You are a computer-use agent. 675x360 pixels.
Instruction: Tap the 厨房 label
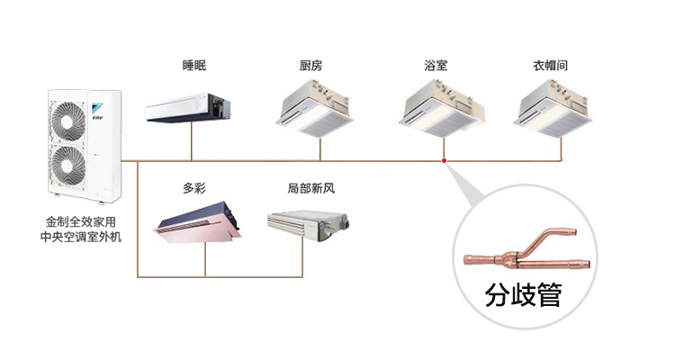[311, 66]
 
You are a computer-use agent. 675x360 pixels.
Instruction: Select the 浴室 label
[436, 66]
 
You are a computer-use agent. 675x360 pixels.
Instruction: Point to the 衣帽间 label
[550, 66]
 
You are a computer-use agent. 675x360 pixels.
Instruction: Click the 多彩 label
[194, 188]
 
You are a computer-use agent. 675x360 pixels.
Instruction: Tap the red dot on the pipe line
[445, 161]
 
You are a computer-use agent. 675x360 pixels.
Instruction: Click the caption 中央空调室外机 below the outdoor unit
[81, 236]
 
